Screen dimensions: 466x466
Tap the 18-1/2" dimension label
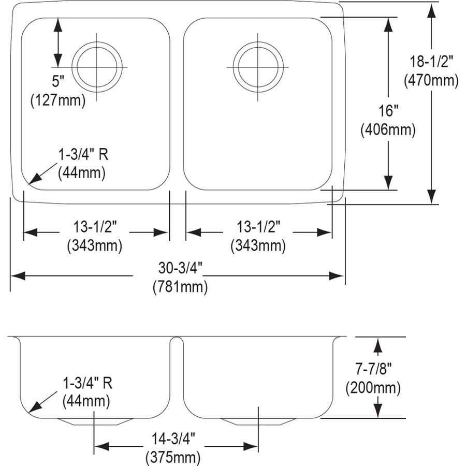(x=431, y=62)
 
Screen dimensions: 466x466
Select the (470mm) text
(x=431, y=80)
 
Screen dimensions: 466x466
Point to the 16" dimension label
(x=388, y=111)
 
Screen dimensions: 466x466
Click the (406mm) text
(x=388, y=130)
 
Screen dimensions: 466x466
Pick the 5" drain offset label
(x=58, y=81)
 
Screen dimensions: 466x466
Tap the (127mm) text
(x=58, y=100)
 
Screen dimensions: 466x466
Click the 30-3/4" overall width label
(x=180, y=268)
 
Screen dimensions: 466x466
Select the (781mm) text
(x=180, y=287)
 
